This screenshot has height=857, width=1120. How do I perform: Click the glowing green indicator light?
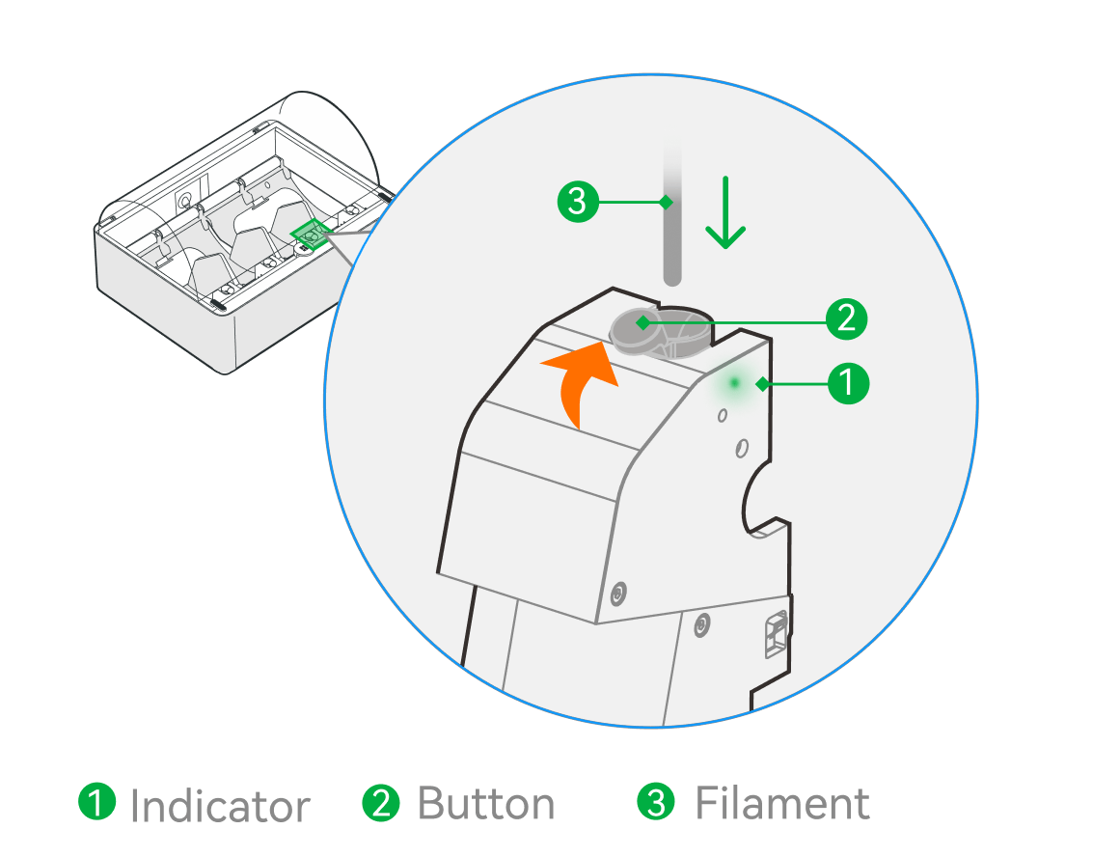tap(734, 383)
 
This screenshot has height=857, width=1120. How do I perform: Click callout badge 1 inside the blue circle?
tap(848, 383)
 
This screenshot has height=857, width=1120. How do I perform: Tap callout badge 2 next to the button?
tap(846, 318)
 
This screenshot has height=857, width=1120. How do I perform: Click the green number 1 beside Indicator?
tap(96, 802)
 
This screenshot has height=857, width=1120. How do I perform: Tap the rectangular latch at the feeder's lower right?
tap(776, 634)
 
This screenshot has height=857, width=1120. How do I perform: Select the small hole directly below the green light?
tap(723, 415)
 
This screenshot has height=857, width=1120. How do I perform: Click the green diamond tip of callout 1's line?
tap(762, 384)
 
